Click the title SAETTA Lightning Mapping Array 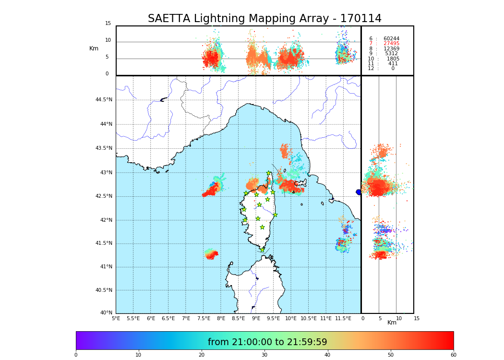[264, 19]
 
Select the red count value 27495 [391, 44]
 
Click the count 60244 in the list [391, 39]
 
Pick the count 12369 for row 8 [391, 49]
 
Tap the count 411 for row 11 [393, 64]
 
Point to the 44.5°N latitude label [104, 100]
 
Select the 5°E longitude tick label [116, 318]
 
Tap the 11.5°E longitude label [343, 318]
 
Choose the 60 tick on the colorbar [453, 355]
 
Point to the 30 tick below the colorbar [264, 355]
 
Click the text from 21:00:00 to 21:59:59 [267, 342]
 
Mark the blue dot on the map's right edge [359, 192]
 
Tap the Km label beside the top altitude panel [94, 48]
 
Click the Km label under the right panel [392, 323]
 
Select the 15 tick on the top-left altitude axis [108, 24]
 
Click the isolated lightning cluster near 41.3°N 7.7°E [211, 254]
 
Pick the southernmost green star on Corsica [262, 250]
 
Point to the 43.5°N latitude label [104, 148]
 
